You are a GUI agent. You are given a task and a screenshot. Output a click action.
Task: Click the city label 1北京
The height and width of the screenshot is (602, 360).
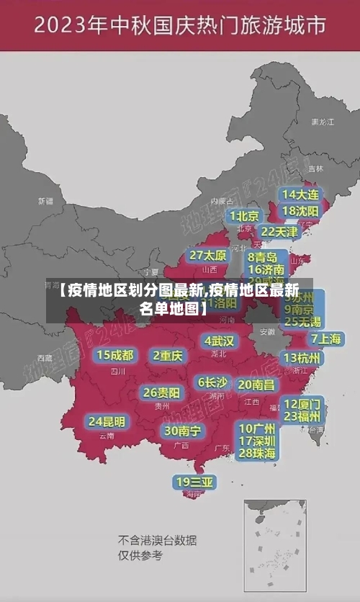(x=244, y=216)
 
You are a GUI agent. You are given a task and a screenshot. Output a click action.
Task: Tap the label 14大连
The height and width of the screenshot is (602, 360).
(x=300, y=194)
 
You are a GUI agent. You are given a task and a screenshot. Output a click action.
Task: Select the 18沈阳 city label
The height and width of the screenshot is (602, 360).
(x=300, y=211)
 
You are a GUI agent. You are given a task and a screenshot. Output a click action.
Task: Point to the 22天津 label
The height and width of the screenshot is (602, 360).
(x=279, y=232)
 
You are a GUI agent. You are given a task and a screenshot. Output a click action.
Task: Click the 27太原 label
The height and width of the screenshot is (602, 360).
(x=208, y=256)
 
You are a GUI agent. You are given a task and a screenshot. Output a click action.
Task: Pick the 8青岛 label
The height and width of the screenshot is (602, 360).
(x=263, y=257)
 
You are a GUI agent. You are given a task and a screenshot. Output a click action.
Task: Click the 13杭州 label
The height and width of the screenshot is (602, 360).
(x=302, y=358)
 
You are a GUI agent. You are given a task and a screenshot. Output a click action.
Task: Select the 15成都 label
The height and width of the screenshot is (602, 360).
(x=115, y=355)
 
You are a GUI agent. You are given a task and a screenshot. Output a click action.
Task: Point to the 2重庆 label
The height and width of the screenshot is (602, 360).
(x=168, y=356)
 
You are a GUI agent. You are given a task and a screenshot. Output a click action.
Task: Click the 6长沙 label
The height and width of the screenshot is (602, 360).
(x=212, y=382)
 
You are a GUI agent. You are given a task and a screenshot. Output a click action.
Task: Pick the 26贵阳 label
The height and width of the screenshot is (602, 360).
(x=161, y=392)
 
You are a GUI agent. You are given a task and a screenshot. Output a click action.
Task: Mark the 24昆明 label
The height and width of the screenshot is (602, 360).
(x=107, y=421)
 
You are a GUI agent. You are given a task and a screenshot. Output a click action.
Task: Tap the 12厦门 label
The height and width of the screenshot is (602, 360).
(x=302, y=403)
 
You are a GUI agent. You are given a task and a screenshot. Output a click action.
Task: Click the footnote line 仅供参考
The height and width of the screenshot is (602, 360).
(x=140, y=555)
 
